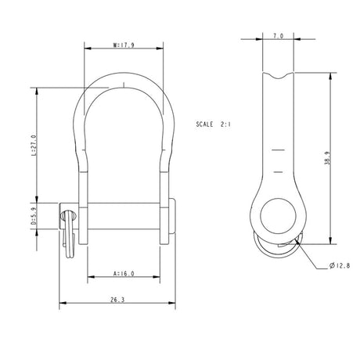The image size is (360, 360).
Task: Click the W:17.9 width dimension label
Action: click(x=124, y=45)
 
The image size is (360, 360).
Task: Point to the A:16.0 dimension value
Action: click(x=124, y=274)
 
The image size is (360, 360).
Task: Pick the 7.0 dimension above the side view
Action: click(x=278, y=37)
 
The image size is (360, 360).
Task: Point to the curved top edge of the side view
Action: click(x=278, y=77)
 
